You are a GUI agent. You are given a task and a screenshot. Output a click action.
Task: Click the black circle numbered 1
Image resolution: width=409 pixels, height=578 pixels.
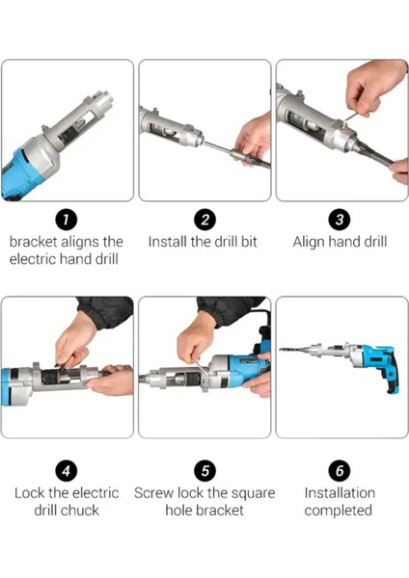(66, 220)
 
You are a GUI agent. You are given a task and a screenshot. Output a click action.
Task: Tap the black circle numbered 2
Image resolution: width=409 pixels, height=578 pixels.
(204, 220)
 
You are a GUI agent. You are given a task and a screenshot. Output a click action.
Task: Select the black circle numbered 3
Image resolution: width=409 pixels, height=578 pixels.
(340, 220)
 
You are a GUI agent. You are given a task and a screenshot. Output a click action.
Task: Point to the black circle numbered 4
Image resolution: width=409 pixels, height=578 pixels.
(66, 471)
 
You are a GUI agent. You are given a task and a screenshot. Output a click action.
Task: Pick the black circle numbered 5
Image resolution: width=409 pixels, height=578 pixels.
(204, 471)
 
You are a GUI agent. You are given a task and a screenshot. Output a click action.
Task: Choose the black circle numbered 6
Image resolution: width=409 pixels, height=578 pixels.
(340, 471)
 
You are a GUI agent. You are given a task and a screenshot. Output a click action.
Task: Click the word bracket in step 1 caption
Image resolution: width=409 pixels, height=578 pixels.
(33, 242)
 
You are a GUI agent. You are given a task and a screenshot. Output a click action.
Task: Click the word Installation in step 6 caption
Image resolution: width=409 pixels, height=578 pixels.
(340, 493)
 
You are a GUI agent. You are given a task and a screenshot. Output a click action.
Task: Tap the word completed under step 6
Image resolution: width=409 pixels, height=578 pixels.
(339, 512)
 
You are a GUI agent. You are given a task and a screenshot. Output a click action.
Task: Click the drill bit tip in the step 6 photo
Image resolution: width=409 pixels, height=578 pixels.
(281, 349)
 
